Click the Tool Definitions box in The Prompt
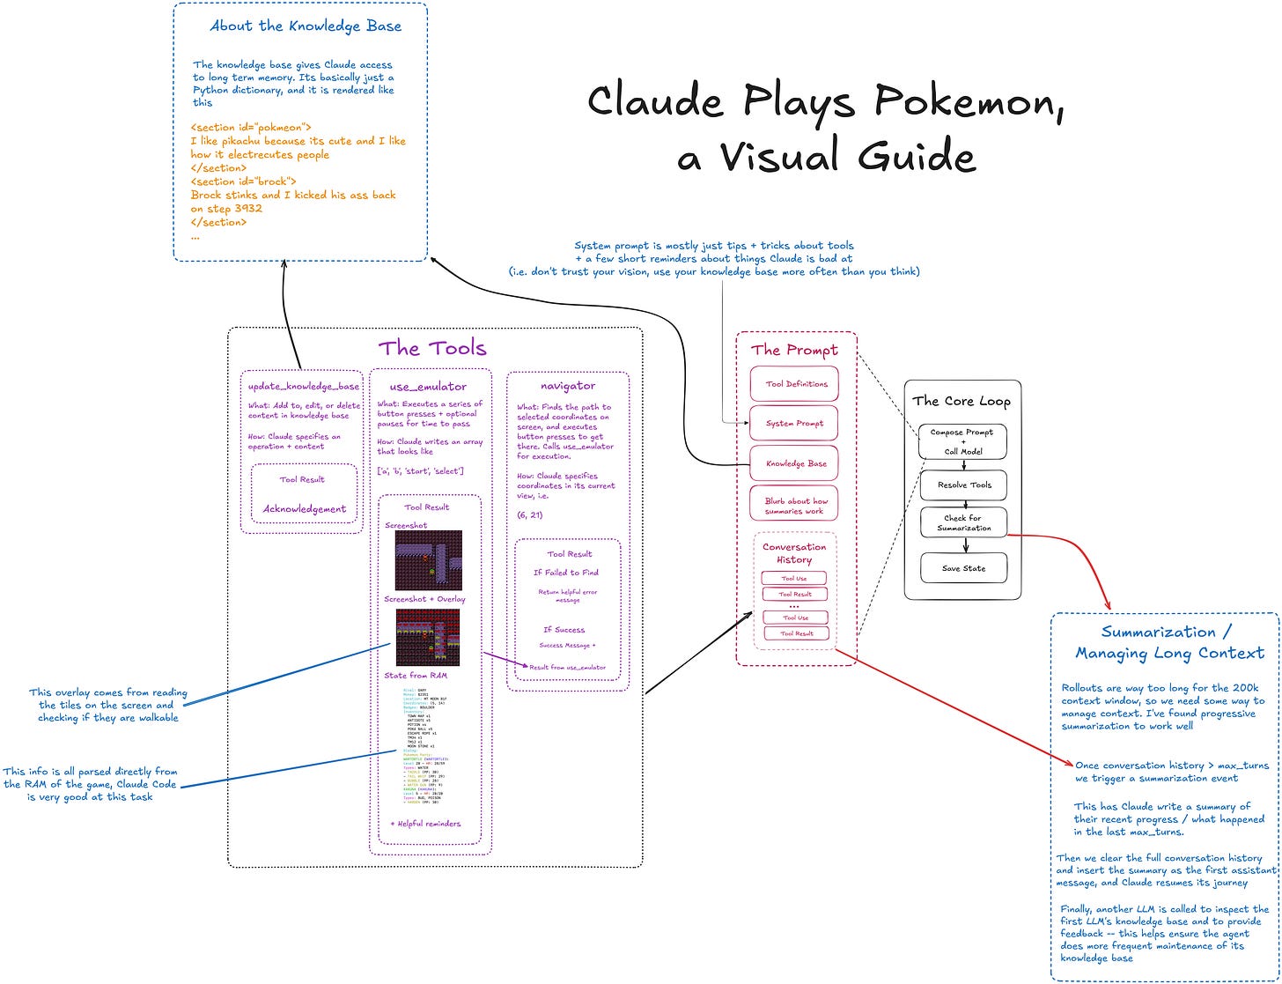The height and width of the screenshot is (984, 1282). point(794,384)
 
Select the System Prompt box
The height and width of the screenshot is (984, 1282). point(794,423)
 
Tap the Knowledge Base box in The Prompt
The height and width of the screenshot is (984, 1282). point(794,463)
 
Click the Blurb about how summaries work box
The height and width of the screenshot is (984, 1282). point(794,506)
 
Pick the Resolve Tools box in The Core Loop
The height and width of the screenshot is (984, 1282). point(963,485)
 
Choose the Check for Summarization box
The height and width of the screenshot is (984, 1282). point(963,523)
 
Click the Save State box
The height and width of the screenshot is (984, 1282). point(963,568)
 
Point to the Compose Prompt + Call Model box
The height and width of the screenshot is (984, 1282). point(962,441)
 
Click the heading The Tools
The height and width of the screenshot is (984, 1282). point(432,348)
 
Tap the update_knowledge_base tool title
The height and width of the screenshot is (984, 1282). point(303,386)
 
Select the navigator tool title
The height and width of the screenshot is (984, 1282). point(568,386)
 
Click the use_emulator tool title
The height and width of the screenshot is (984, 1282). point(428,386)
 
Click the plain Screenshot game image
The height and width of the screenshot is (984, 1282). point(428,559)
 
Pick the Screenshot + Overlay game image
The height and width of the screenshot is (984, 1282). point(428,637)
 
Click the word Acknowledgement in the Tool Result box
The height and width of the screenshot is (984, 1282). point(304,509)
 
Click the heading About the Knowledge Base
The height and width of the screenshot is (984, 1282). point(306,26)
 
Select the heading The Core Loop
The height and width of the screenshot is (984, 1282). point(961,401)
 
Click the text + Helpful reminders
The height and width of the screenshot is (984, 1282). point(425,824)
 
